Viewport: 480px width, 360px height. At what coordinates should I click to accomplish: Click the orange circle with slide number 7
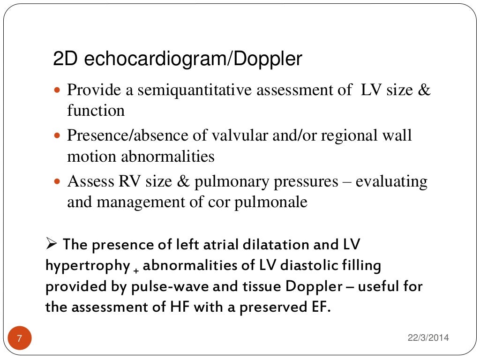point(19,338)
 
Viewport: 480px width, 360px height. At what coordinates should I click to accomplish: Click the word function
point(96,111)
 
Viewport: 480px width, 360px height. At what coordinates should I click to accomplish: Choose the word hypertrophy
point(87,266)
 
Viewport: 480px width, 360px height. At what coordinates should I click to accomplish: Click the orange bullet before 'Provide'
point(58,90)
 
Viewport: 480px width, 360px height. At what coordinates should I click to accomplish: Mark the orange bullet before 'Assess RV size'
point(58,181)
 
